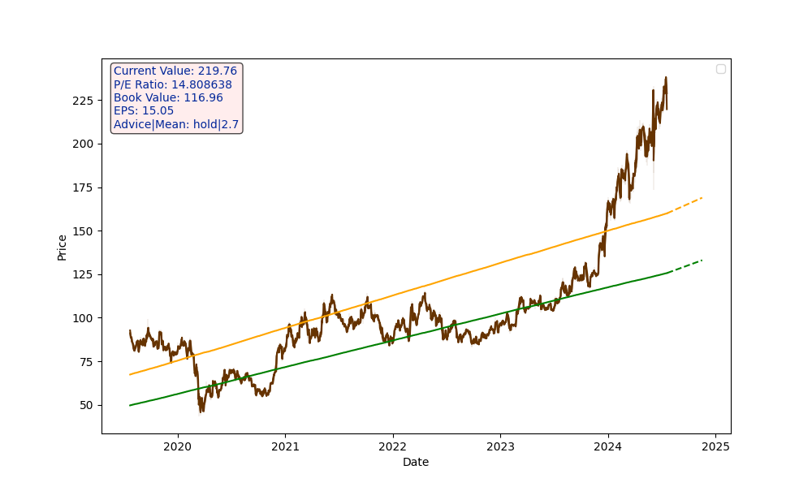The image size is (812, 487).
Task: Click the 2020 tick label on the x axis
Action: coord(177,446)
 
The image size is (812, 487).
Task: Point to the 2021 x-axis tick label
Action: coord(285,446)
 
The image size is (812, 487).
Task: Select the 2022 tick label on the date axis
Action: coord(392,446)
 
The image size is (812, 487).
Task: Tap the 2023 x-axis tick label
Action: coord(500,446)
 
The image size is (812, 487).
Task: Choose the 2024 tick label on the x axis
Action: coord(607,446)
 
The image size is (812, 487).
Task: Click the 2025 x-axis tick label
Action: coord(715,446)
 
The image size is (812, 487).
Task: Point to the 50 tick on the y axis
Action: coord(87,405)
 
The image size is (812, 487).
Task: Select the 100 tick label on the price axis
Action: coord(84,318)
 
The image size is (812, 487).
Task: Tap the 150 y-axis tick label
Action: coord(84,231)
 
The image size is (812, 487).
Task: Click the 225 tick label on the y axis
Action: coord(84,101)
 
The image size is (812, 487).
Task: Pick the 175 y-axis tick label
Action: coord(84,187)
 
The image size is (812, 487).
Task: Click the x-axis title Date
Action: coord(416,462)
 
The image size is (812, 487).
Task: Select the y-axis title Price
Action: coord(63,248)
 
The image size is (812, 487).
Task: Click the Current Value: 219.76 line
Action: coord(175,71)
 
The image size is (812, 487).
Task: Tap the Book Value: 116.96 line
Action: coord(168,97)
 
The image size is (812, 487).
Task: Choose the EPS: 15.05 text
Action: coord(144,111)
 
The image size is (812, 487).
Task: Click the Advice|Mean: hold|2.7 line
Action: coord(176,124)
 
